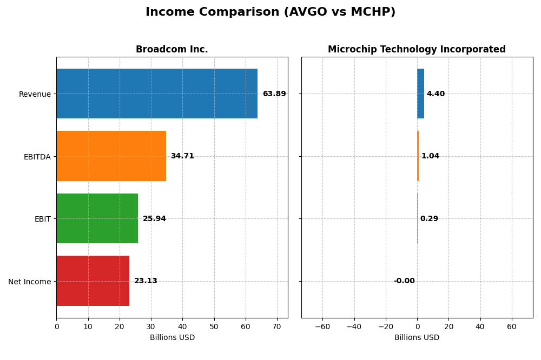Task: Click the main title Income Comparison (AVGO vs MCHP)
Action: click(270, 12)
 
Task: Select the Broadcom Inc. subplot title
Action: click(171, 49)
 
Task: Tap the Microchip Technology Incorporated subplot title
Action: click(417, 49)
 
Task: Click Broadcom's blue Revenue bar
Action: click(157, 94)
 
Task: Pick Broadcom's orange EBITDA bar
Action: click(111, 156)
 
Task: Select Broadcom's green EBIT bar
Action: click(97, 218)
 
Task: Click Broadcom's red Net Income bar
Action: click(93, 281)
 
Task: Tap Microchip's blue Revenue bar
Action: click(420, 94)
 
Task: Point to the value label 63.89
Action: click(274, 94)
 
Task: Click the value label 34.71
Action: click(182, 156)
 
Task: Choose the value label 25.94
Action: click(154, 219)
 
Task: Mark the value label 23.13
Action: click(146, 281)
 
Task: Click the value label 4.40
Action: click(436, 94)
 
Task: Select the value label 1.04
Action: click(430, 156)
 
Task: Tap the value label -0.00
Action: click(404, 281)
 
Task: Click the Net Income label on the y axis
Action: click(29, 282)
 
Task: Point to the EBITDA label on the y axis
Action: click(37, 157)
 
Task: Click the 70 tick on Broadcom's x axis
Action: click(277, 326)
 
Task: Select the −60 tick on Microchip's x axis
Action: click(322, 326)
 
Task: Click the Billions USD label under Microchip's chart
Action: click(417, 337)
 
